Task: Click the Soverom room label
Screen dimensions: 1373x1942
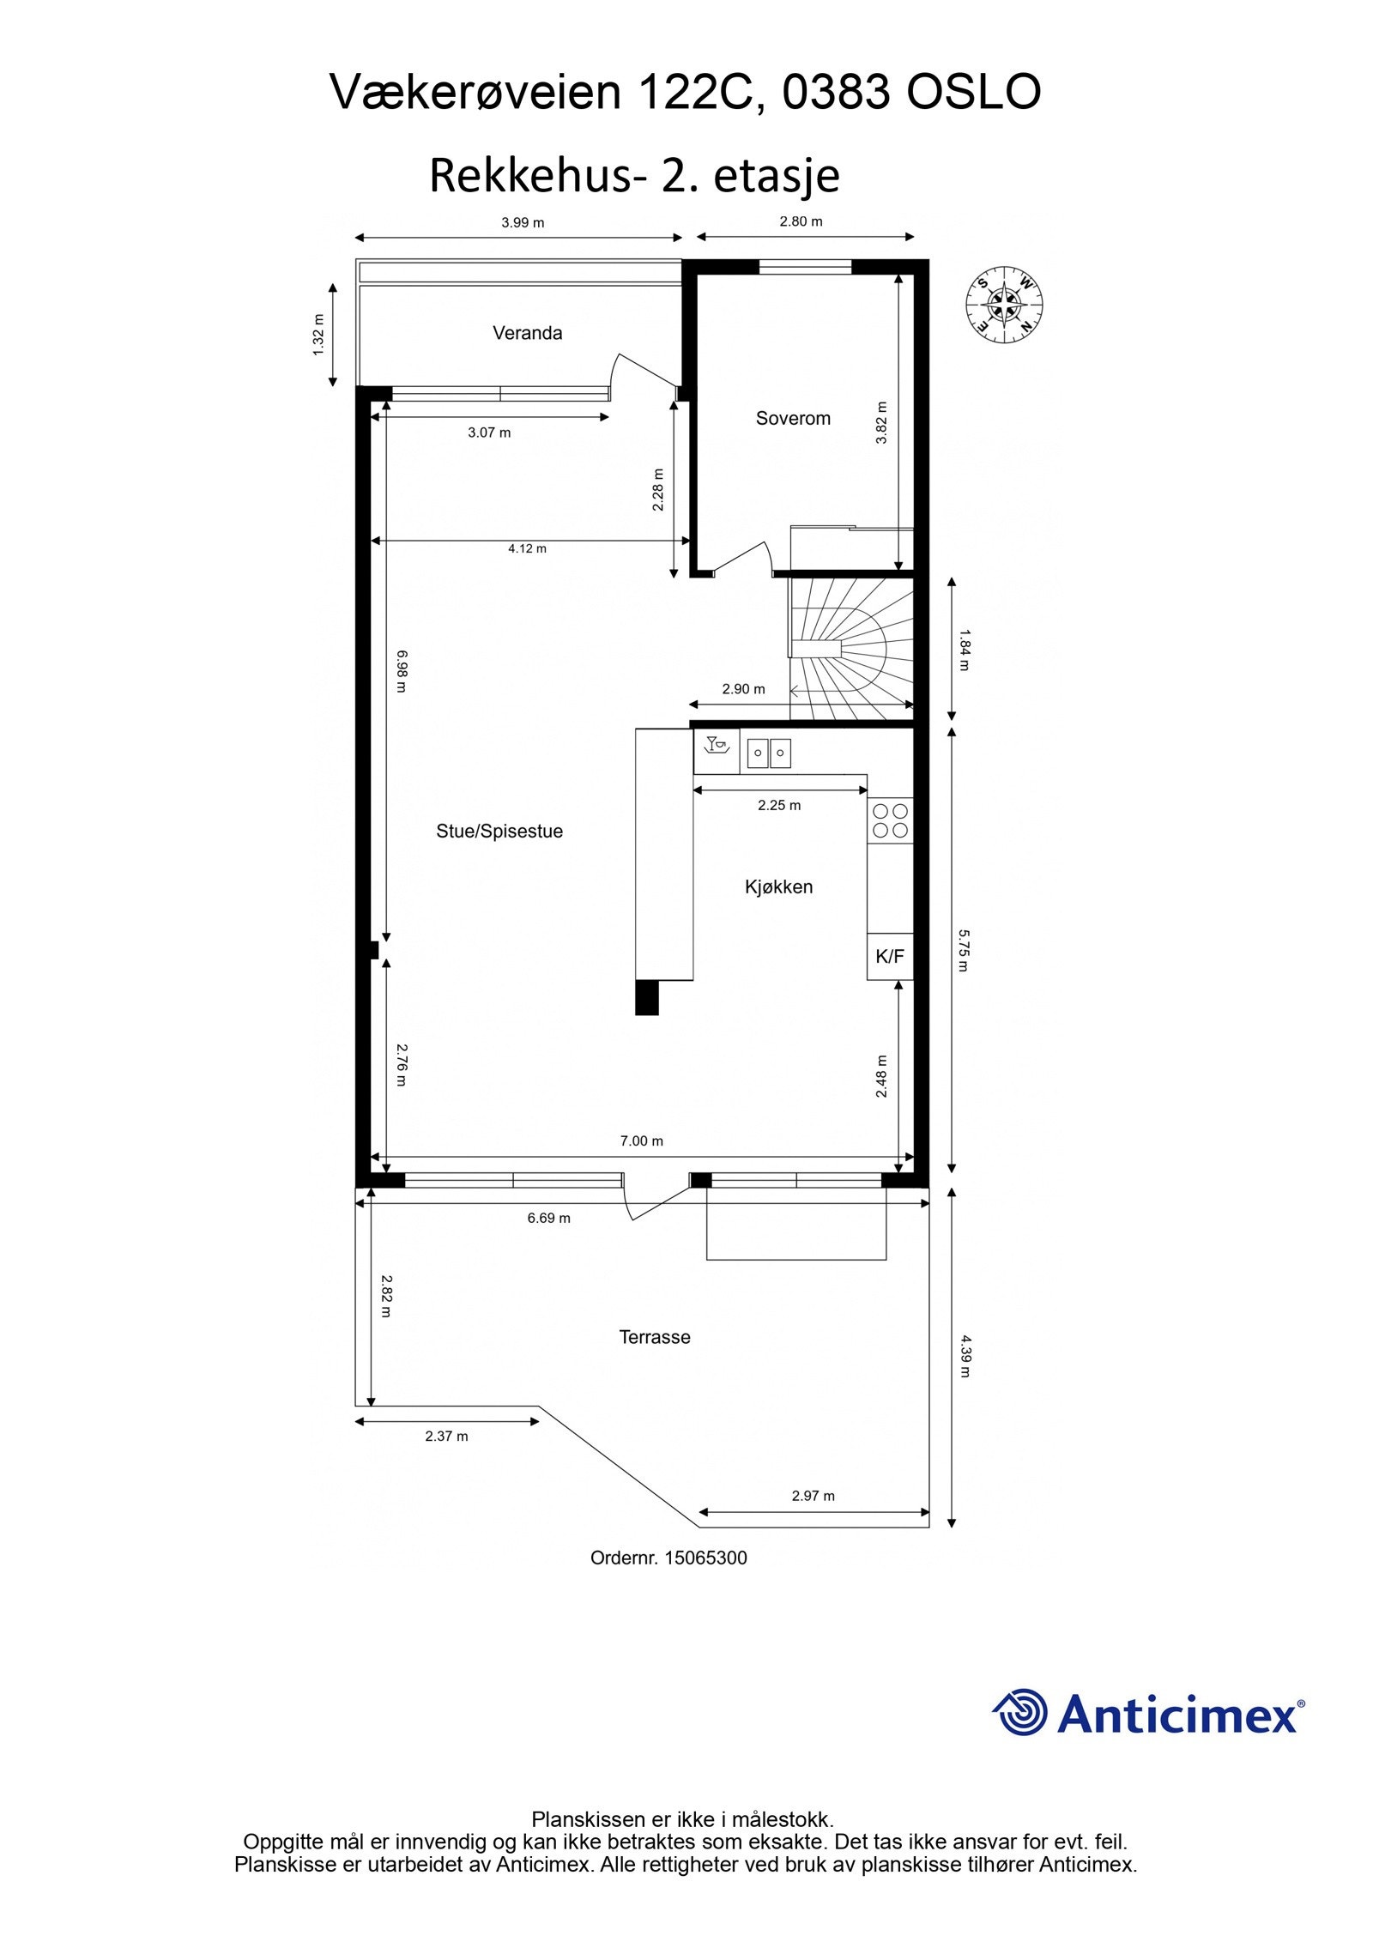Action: point(793,419)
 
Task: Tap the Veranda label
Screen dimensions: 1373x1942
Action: point(527,333)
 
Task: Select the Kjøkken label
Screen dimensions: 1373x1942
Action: point(778,887)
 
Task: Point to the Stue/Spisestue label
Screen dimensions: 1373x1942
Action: point(499,832)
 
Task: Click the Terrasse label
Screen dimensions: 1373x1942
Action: point(655,1337)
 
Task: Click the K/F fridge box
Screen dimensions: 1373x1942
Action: point(890,956)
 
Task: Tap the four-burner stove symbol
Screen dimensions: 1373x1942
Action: point(890,820)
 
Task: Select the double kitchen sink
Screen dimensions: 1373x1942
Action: point(768,753)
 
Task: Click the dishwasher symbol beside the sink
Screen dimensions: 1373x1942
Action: point(717,751)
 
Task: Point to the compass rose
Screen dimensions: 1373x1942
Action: point(1004,305)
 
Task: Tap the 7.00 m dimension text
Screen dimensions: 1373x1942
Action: point(642,1140)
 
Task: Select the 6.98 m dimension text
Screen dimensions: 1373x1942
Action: point(401,669)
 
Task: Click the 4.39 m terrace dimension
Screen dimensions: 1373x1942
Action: point(965,1356)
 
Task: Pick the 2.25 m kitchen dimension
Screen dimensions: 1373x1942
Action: point(779,805)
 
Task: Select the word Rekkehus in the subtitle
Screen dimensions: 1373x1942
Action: point(529,176)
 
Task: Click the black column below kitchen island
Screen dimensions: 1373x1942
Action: point(646,997)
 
